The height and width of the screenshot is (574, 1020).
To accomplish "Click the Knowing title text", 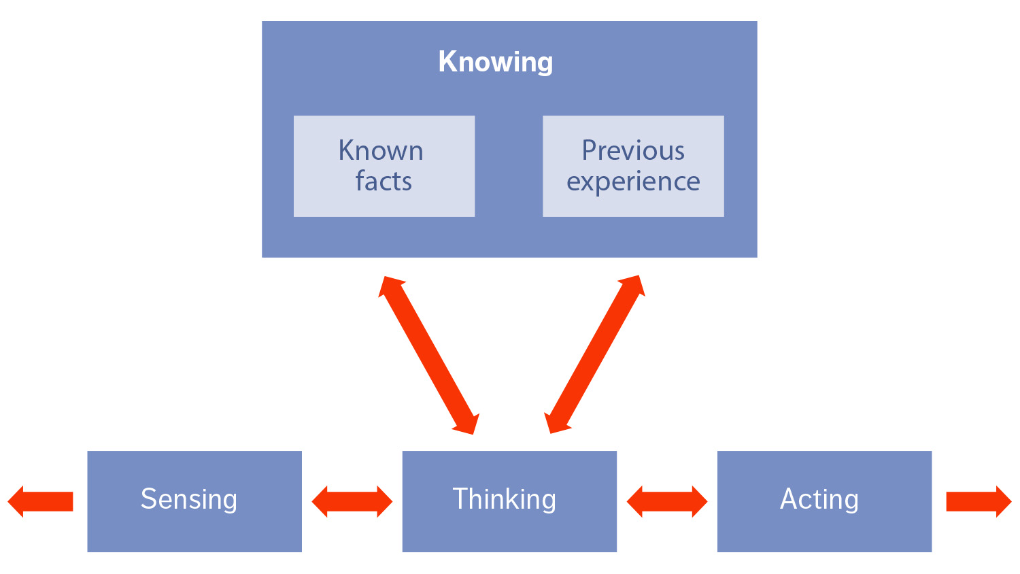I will pyautogui.click(x=496, y=62).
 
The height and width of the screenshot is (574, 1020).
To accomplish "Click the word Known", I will pyautogui.click(x=381, y=150).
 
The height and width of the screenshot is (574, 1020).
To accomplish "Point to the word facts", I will pyautogui.click(x=384, y=182).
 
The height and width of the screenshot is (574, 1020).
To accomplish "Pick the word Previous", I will pyautogui.click(x=633, y=150).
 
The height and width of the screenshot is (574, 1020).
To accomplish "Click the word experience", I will pyautogui.click(x=633, y=182).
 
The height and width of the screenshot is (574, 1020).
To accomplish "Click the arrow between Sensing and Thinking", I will pyautogui.click(x=352, y=502).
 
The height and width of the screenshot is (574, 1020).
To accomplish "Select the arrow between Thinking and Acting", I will pyautogui.click(x=667, y=502).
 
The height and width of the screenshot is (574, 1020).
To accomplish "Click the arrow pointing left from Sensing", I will pyautogui.click(x=41, y=502).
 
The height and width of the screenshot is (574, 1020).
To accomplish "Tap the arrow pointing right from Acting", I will pyautogui.click(x=979, y=502).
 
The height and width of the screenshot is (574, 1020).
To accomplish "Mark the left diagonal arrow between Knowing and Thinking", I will pyautogui.click(x=429, y=354).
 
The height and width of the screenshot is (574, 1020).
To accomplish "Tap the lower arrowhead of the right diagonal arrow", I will pyautogui.click(x=557, y=422).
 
